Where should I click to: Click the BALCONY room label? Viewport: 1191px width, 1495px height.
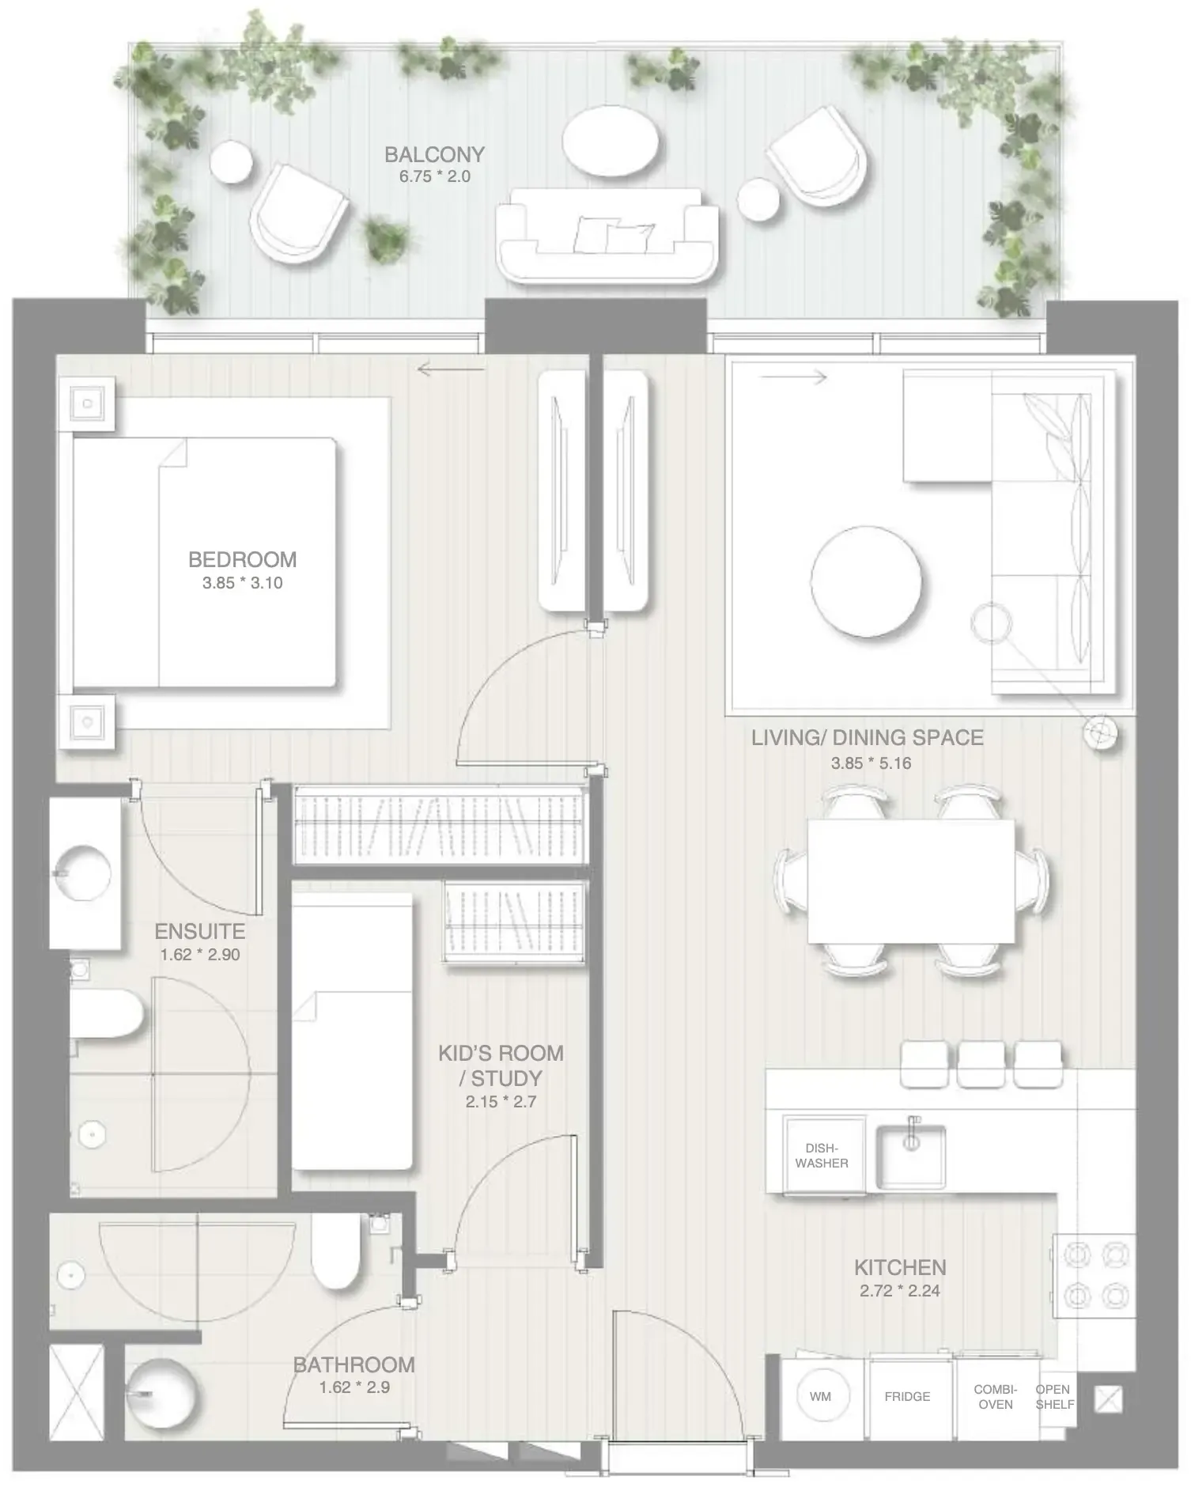pyautogui.click(x=434, y=154)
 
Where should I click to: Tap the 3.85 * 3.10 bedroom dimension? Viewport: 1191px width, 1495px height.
pyautogui.click(x=242, y=583)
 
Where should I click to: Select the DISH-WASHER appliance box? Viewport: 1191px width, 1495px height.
pyautogui.click(x=822, y=1156)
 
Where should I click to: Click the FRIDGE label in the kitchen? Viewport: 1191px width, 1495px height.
pyautogui.click(x=907, y=1397)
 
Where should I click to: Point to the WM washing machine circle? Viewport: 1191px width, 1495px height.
pyautogui.click(x=820, y=1397)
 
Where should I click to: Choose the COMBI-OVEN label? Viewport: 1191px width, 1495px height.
pyautogui.click(x=995, y=1397)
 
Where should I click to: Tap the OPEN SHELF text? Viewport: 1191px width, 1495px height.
pyautogui.click(x=1054, y=1397)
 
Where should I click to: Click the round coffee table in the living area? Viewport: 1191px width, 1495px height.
pyautogui.click(x=866, y=570)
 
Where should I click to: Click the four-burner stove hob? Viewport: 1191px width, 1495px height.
pyautogui.click(x=1095, y=1275)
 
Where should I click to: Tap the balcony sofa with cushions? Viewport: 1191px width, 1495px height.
pyautogui.click(x=607, y=236)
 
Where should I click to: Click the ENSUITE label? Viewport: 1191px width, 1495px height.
pyautogui.click(x=199, y=931)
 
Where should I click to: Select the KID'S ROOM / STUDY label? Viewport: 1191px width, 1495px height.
pyautogui.click(x=501, y=1065)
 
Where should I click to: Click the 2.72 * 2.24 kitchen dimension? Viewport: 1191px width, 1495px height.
pyautogui.click(x=900, y=1291)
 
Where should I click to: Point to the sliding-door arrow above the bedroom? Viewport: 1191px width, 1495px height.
pyautogui.click(x=450, y=369)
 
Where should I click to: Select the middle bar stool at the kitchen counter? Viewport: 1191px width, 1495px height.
pyautogui.click(x=981, y=1064)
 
